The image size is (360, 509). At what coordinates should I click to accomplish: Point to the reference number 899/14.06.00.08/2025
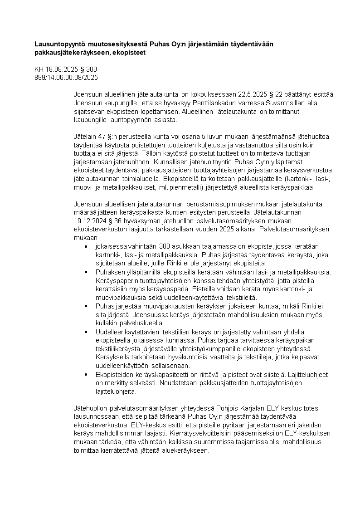66,78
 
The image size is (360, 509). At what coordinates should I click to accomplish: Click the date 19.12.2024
92,221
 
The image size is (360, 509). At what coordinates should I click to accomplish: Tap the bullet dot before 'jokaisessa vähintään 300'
86,246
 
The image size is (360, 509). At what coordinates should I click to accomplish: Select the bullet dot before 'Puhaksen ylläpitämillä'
86,272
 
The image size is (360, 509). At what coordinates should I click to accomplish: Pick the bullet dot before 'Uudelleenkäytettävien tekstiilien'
86,332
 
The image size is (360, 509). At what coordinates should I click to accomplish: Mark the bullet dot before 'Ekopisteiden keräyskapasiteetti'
86,374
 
